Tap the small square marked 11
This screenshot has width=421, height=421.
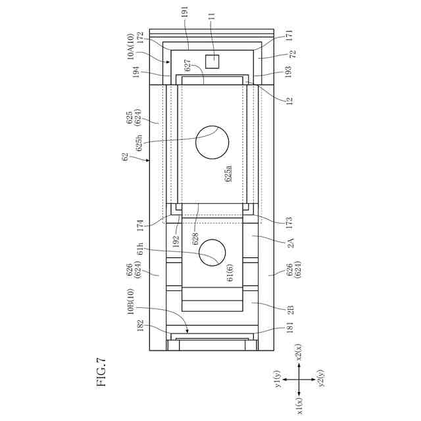pos(212,61)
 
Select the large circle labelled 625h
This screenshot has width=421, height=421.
pos(212,142)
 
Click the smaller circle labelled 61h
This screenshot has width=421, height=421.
pos(212,253)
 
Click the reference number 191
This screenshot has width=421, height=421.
pos(185,12)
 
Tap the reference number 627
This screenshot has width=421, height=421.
pos(187,65)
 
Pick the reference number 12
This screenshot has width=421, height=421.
pos(289,101)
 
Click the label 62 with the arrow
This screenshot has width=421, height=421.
pos(126,157)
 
